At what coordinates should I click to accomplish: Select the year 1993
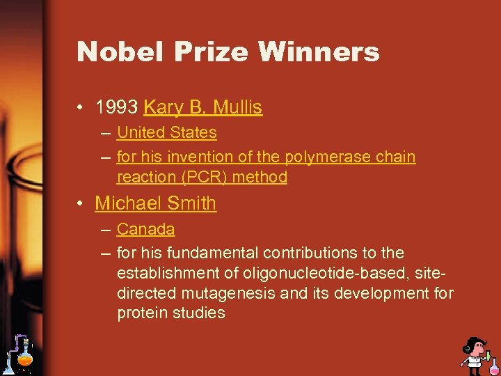click(117, 107)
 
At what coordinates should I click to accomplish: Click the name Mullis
click(238, 107)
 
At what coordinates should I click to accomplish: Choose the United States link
click(167, 132)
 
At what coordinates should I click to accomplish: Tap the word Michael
click(123, 203)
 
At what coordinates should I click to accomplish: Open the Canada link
click(145, 229)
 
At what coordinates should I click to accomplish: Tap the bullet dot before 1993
click(83, 108)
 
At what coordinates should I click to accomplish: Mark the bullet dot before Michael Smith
click(83, 204)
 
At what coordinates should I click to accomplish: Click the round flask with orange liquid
click(25, 359)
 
